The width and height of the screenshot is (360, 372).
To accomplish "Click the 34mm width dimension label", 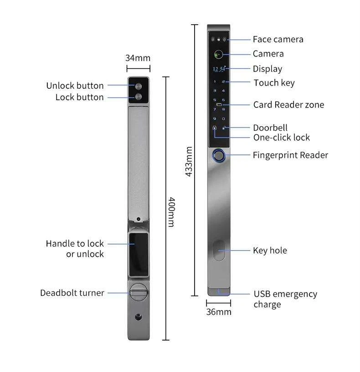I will pos(138,58).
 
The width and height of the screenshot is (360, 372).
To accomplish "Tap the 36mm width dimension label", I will pos(219,312).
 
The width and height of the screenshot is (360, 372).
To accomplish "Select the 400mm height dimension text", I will pos(171,212).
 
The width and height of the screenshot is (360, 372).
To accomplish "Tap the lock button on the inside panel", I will pos(138,97).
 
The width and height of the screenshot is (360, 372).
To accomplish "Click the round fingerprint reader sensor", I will pos(219,155).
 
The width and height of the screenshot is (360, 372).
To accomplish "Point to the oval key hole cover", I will pos(219,250).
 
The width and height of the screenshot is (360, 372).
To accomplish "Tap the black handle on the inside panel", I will pos(138,254).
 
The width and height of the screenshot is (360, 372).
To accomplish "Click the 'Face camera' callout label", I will pos(278,40).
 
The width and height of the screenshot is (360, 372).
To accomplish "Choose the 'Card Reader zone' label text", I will pos(288,105).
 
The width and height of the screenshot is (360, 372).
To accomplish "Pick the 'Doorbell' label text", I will pos(270,128).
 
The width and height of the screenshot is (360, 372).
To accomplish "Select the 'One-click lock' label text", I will pos(281,138).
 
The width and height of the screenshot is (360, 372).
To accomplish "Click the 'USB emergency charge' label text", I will pos(285,299).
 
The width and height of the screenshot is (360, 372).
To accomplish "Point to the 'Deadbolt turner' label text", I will pos(72,293).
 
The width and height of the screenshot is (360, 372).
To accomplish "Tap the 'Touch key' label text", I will pos(274,83).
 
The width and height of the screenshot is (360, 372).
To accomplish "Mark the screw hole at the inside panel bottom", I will pos(138,317).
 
